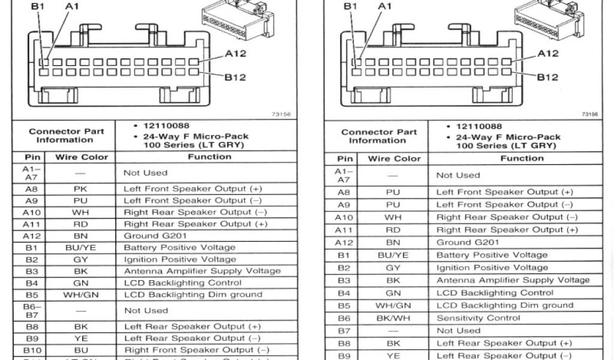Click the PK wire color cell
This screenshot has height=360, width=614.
pyautogui.click(x=81, y=188)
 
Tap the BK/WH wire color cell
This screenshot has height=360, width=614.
pyautogui.click(x=393, y=318)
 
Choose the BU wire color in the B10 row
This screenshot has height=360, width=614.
pyautogui.click(x=81, y=350)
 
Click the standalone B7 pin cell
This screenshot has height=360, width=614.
pyautogui.click(x=344, y=331)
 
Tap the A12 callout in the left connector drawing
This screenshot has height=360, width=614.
pyautogui.click(x=236, y=53)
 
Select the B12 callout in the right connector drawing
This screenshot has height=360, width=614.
pyautogui.click(x=547, y=77)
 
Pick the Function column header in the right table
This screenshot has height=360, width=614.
pyautogui.click(x=522, y=158)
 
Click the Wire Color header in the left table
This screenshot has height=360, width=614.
pyautogui.click(x=82, y=157)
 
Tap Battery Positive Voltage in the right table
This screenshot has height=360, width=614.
pyautogui.click(x=483, y=255)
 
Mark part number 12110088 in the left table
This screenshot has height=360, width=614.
pyautogui.click(x=166, y=126)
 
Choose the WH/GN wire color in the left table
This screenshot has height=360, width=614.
pyautogui.click(x=81, y=295)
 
